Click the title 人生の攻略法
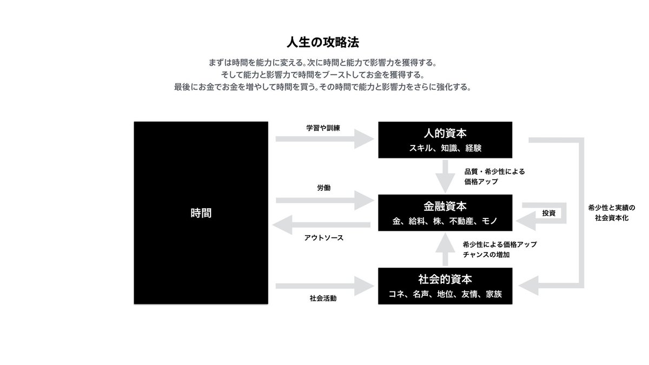[323, 42]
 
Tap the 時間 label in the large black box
[201, 213]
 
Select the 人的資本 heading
[445, 133]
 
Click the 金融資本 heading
[445, 207]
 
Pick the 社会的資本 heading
[445, 280]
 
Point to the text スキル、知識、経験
[445, 148]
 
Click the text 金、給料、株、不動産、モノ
[445, 221]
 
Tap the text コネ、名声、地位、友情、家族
[445, 295]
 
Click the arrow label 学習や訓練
[323, 128]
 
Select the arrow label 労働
[324, 188]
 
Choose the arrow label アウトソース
[324, 237]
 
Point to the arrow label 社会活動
[323, 298]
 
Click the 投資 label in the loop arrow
[548, 213]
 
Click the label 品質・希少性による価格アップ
[494, 176]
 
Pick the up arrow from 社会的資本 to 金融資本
[445, 249]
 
